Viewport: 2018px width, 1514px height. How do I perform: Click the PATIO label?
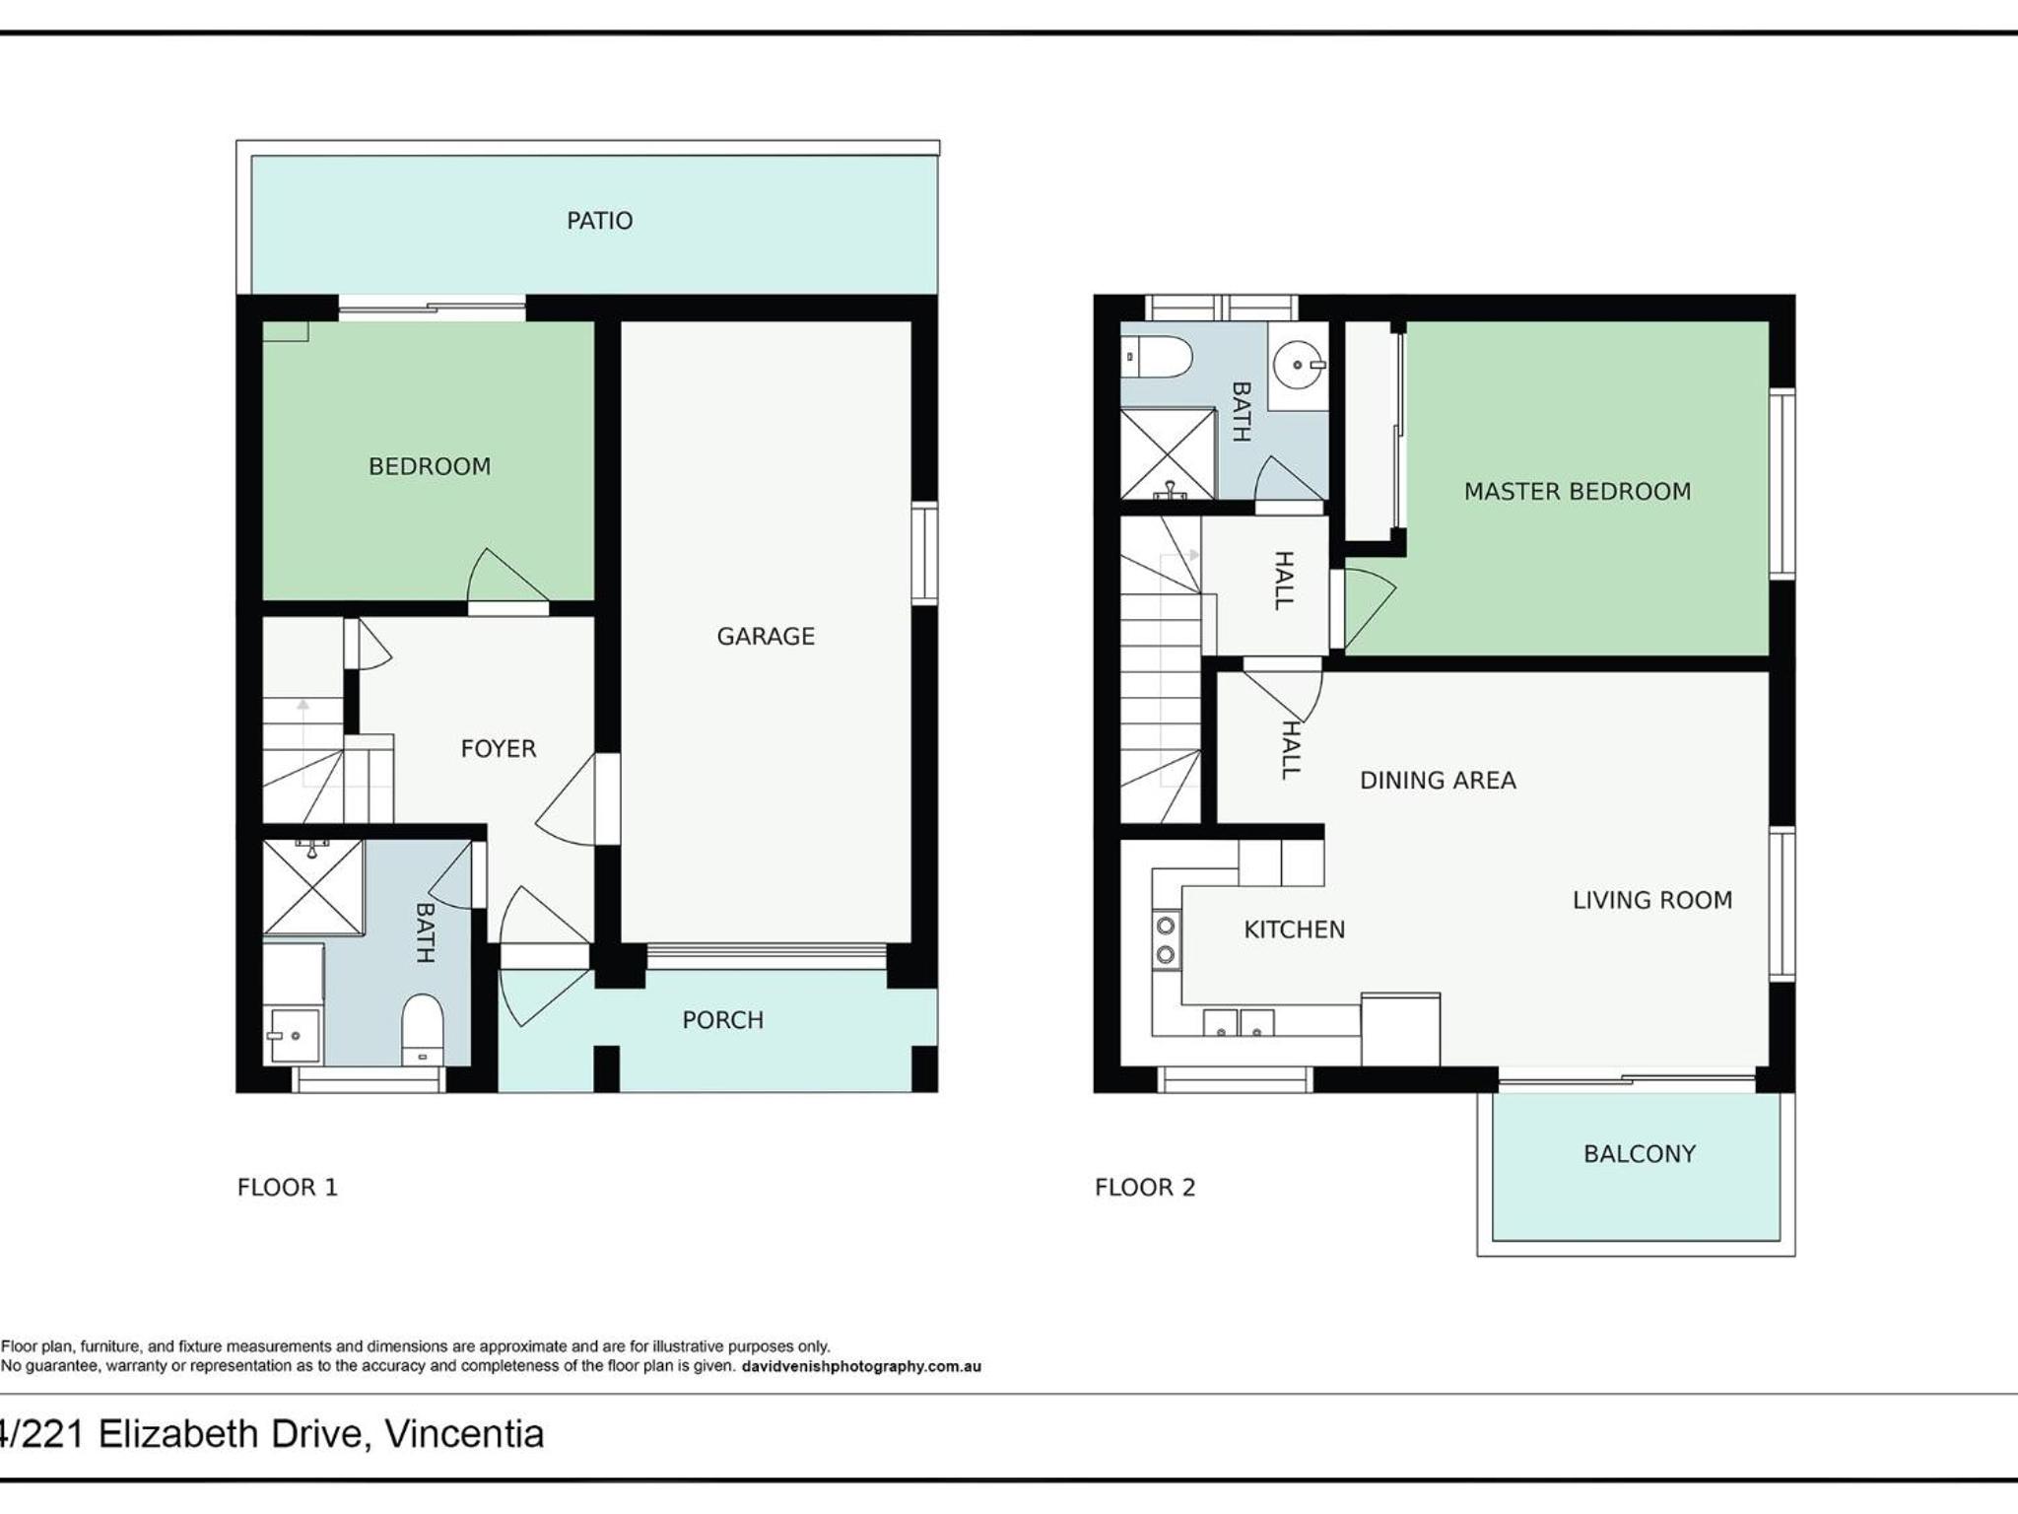[599, 221]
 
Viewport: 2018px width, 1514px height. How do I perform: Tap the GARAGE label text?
[766, 637]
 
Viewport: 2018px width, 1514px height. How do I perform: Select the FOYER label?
[499, 749]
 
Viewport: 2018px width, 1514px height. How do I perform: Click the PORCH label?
[722, 1020]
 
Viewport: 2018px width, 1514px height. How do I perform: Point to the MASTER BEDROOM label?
[1577, 492]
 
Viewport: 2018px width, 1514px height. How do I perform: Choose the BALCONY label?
[1640, 1154]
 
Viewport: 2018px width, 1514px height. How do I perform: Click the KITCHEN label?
[1294, 929]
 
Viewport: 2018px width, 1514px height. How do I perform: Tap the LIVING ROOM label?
[1651, 900]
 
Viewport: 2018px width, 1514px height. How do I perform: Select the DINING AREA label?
[1438, 781]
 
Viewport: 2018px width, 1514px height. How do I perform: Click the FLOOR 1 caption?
[288, 1188]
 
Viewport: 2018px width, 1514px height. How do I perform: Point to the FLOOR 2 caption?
[1145, 1188]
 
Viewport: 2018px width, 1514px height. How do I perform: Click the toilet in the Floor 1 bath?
[423, 1029]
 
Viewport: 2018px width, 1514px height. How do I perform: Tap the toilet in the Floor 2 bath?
[1158, 357]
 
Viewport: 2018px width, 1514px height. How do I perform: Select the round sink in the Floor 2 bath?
[1299, 365]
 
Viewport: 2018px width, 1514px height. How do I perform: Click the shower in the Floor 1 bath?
[313, 887]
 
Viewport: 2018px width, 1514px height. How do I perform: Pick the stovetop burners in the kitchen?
[1166, 940]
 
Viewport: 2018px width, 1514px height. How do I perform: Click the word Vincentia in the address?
[464, 1434]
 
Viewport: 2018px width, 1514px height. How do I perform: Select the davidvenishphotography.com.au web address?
[860, 1367]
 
